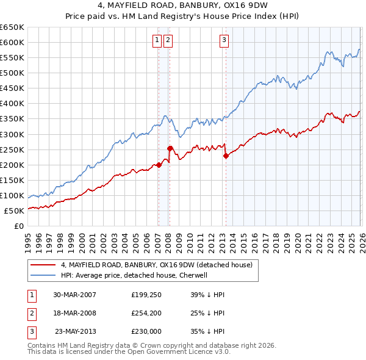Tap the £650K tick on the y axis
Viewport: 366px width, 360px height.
click(x=12, y=27)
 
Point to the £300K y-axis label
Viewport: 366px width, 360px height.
click(x=12, y=134)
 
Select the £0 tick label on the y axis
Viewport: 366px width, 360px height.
click(x=20, y=226)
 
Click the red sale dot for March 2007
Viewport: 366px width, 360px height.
click(x=159, y=165)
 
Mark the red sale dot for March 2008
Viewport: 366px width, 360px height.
click(x=170, y=148)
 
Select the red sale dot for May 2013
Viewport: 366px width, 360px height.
click(x=226, y=156)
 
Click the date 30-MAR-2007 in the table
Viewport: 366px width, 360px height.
click(x=74, y=295)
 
